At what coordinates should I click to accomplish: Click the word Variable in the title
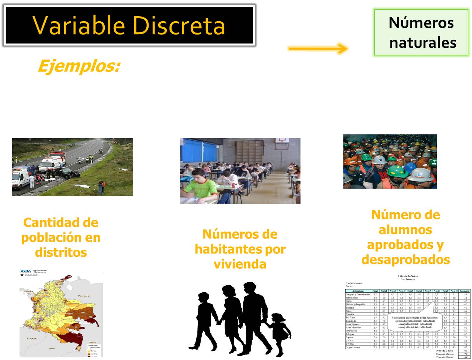click(x=79, y=25)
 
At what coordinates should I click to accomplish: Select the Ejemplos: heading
click(x=79, y=66)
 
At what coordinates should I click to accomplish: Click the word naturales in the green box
click(x=422, y=43)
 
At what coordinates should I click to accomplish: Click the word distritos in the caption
click(x=61, y=252)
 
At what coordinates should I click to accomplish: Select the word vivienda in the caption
click(x=240, y=264)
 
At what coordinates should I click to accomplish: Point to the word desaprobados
click(x=406, y=259)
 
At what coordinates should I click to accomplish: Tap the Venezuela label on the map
click(x=84, y=296)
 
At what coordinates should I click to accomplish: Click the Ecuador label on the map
click(x=32, y=338)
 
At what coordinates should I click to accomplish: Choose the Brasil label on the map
click(x=92, y=342)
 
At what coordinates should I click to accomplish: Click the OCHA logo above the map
click(x=26, y=271)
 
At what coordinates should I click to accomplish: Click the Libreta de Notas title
click(x=408, y=276)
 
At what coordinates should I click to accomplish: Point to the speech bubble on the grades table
click(x=414, y=322)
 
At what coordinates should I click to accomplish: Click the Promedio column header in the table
click(x=464, y=291)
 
